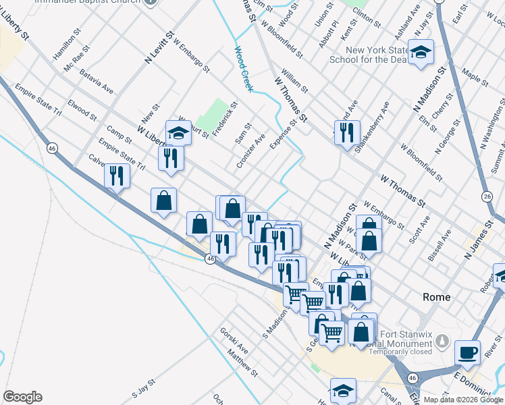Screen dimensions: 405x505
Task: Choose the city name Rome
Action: pyautogui.click(x=436, y=297)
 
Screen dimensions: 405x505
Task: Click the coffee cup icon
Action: pyautogui.click(x=467, y=352)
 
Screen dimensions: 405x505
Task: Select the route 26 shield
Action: pyautogui.click(x=487, y=196)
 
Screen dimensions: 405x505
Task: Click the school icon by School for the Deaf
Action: pyautogui.click(x=421, y=52)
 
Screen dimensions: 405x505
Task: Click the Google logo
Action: pyautogui.click(x=22, y=397)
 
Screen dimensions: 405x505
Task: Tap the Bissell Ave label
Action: pyautogui.click(x=438, y=248)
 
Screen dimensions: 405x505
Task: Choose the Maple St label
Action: pyautogui.click(x=474, y=76)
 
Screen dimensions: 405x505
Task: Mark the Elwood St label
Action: pyautogui.click(x=82, y=110)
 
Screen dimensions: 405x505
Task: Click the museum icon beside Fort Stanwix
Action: pyautogui.click(x=442, y=342)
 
